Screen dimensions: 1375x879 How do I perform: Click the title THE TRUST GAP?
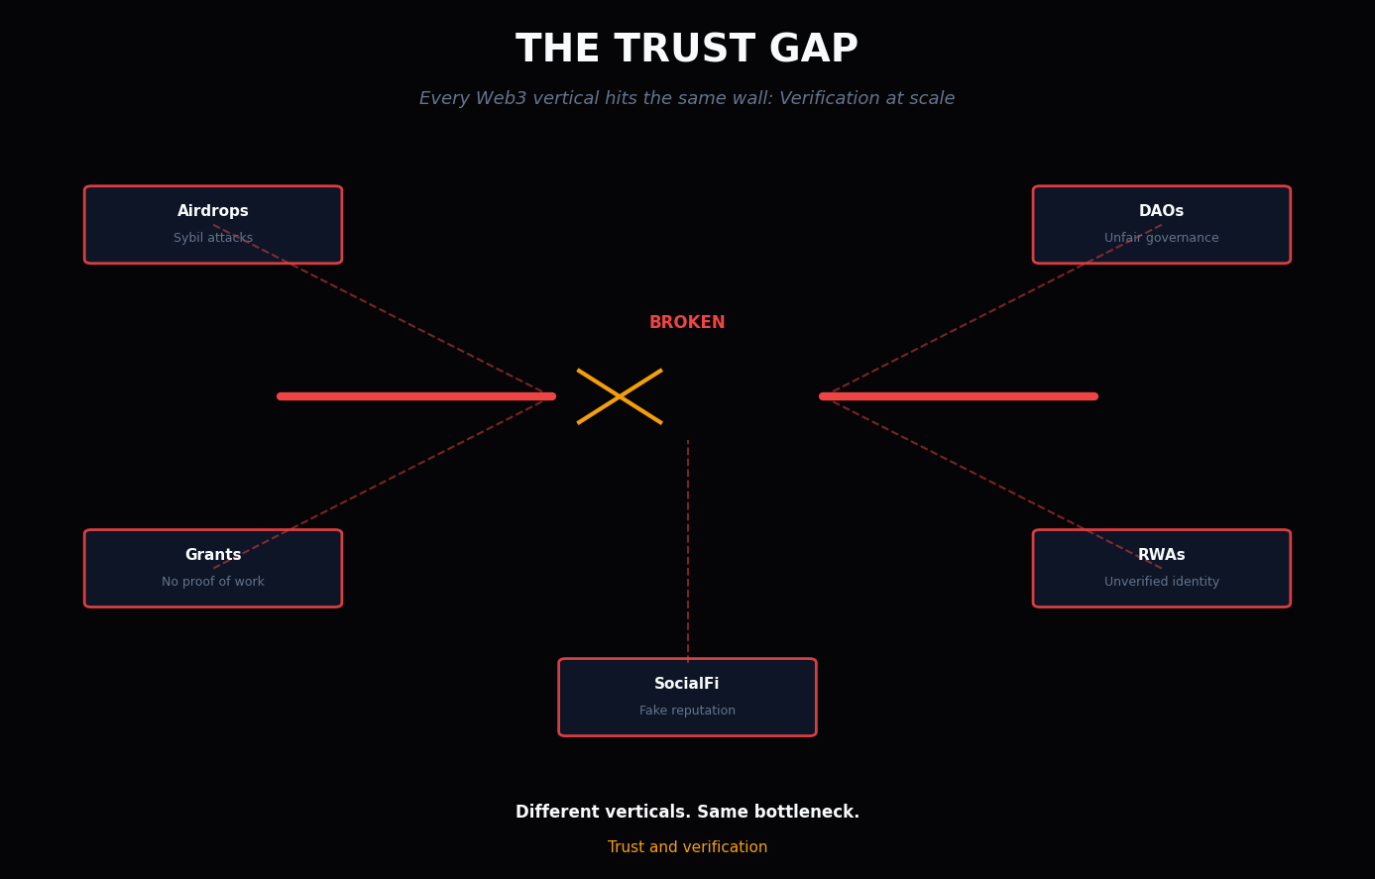[x=687, y=50]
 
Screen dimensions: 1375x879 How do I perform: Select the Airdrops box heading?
[x=213, y=211]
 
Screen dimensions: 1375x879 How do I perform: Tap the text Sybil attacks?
[x=213, y=238]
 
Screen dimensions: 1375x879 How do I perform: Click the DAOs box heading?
[x=1161, y=211]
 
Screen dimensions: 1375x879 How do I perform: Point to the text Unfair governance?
[x=1161, y=238]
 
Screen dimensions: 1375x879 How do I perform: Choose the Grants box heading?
[x=213, y=555]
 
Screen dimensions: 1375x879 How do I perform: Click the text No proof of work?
[x=213, y=582]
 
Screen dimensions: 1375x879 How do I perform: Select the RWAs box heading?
[x=1161, y=555]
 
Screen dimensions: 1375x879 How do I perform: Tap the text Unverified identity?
[x=1161, y=582]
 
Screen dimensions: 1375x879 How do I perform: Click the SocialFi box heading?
[x=687, y=684]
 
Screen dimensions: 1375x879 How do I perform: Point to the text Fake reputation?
[x=687, y=711]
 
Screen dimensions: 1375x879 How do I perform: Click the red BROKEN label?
[x=687, y=323]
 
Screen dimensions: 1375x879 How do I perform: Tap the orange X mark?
[x=620, y=396]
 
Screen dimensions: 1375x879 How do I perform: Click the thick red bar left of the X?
[x=416, y=396]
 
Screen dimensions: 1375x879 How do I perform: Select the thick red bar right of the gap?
[x=959, y=396]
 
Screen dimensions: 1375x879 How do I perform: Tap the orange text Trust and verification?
[x=687, y=847]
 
